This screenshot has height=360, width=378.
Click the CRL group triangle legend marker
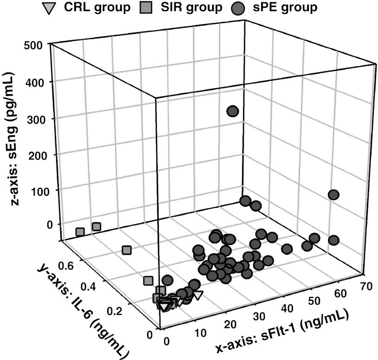point(48,8)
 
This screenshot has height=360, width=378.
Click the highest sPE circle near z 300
point(232,111)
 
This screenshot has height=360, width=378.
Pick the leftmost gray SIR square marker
point(80,231)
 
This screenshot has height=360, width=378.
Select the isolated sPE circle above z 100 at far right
point(333,195)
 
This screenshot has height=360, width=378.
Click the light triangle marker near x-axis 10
point(198,295)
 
